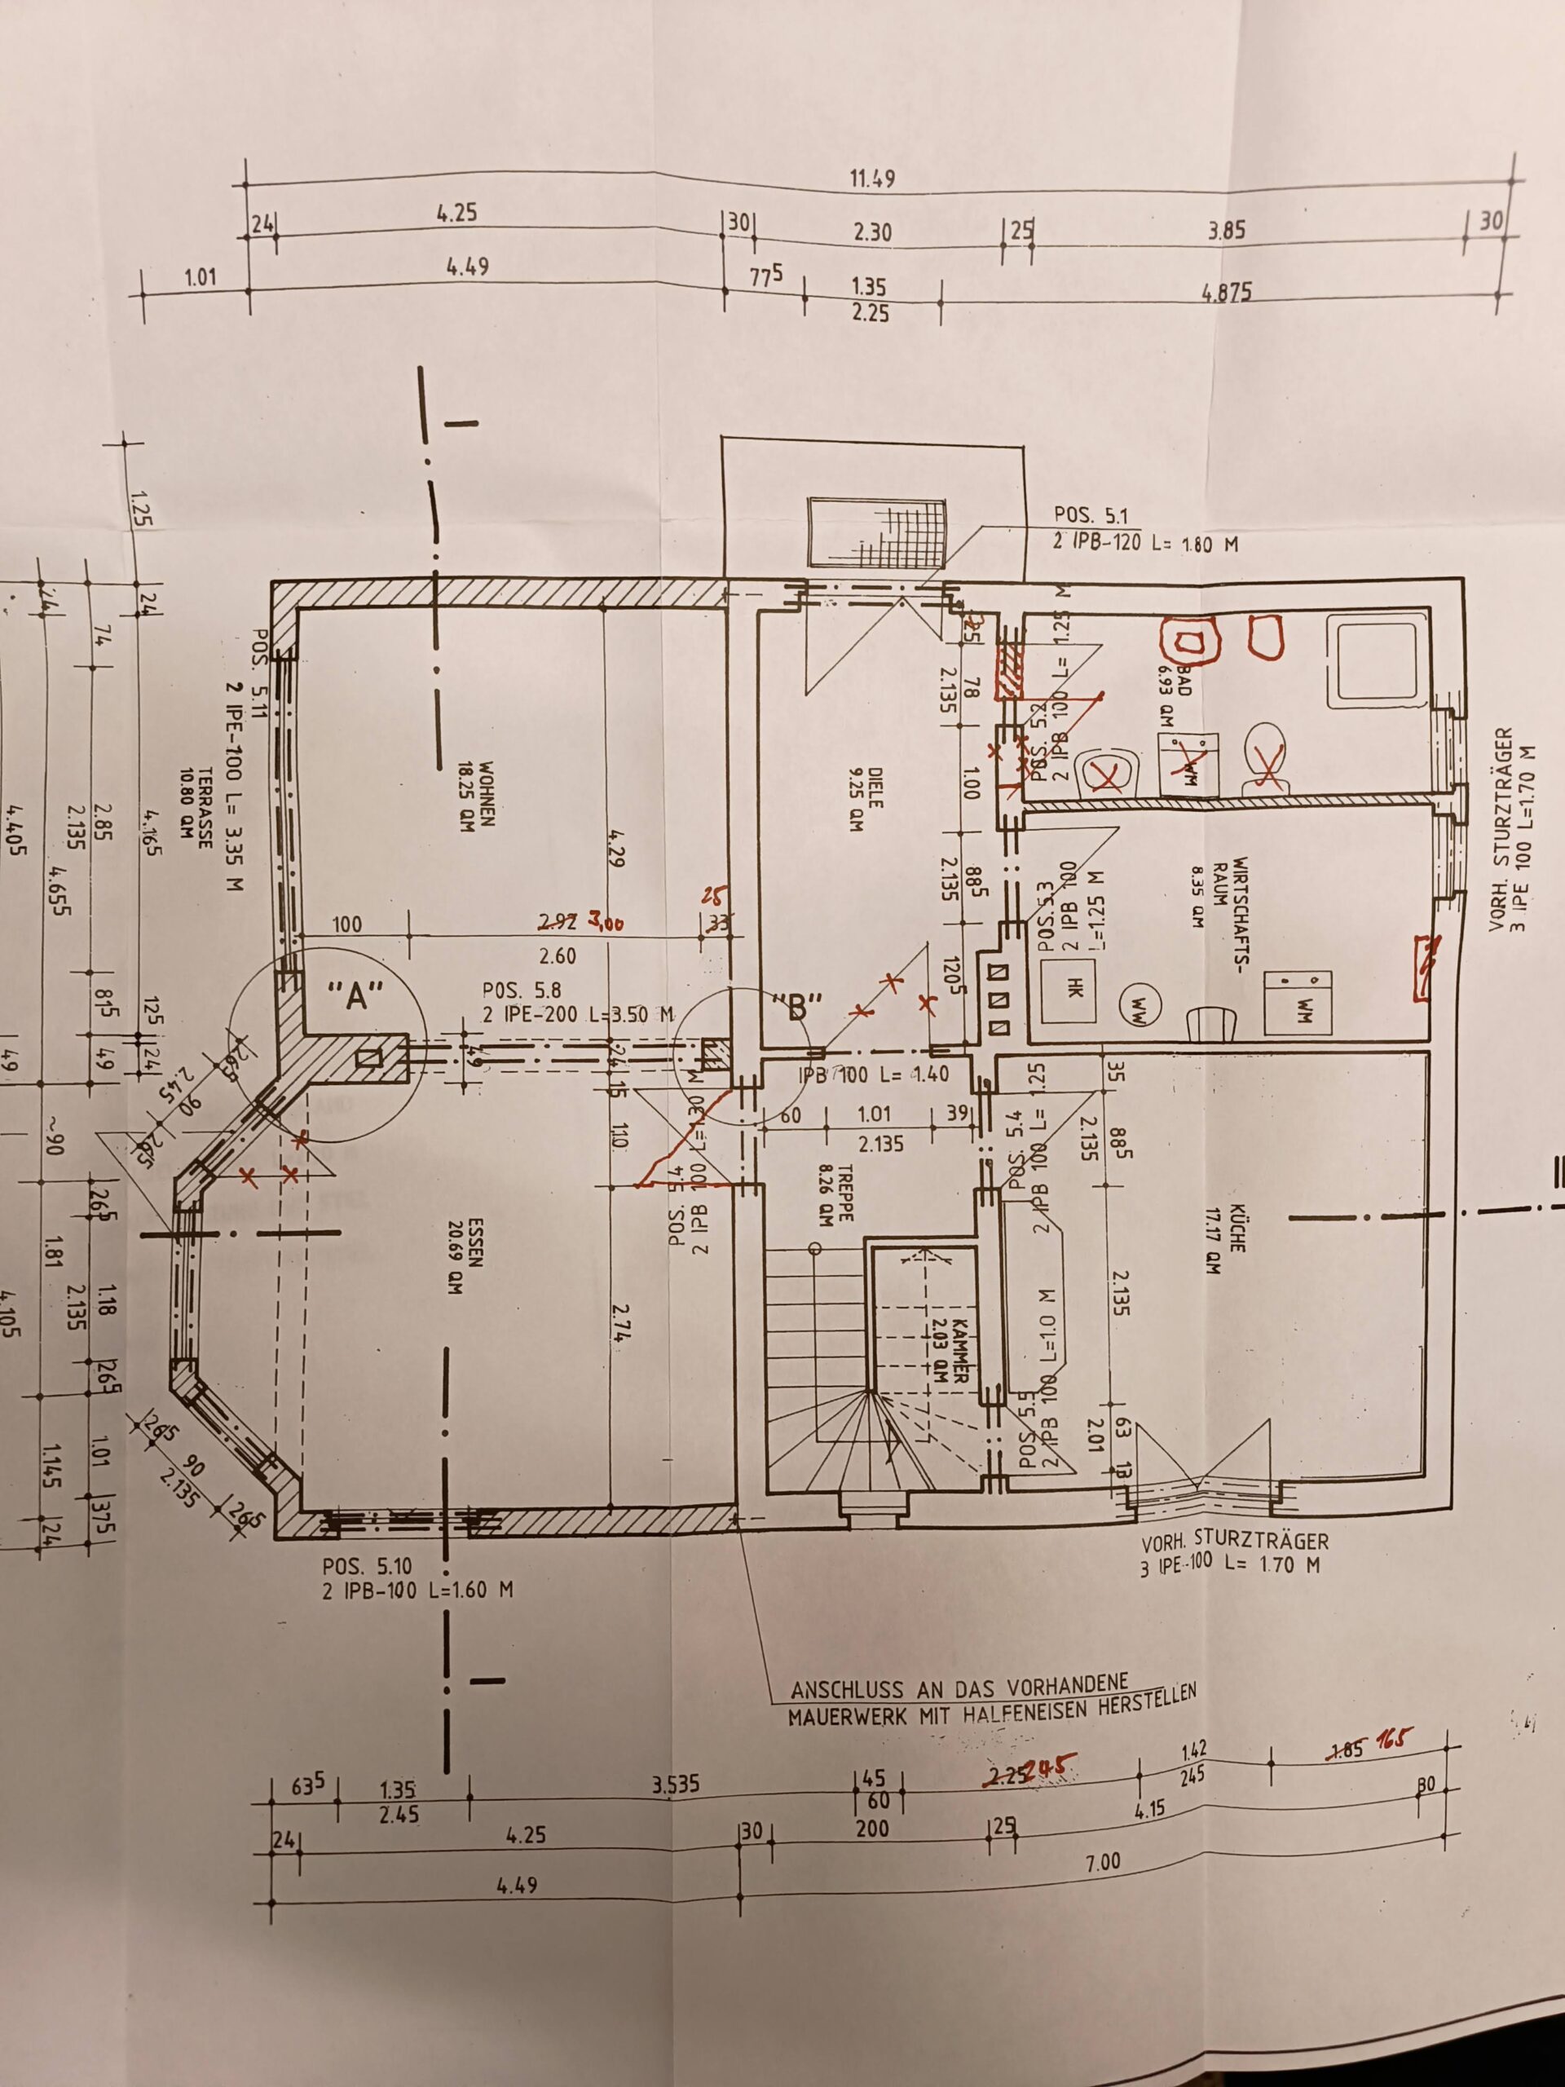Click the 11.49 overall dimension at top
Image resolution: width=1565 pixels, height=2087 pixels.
[871, 178]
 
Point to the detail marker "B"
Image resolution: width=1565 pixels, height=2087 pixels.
[799, 1007]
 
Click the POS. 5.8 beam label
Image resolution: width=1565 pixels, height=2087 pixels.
[521, 991]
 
